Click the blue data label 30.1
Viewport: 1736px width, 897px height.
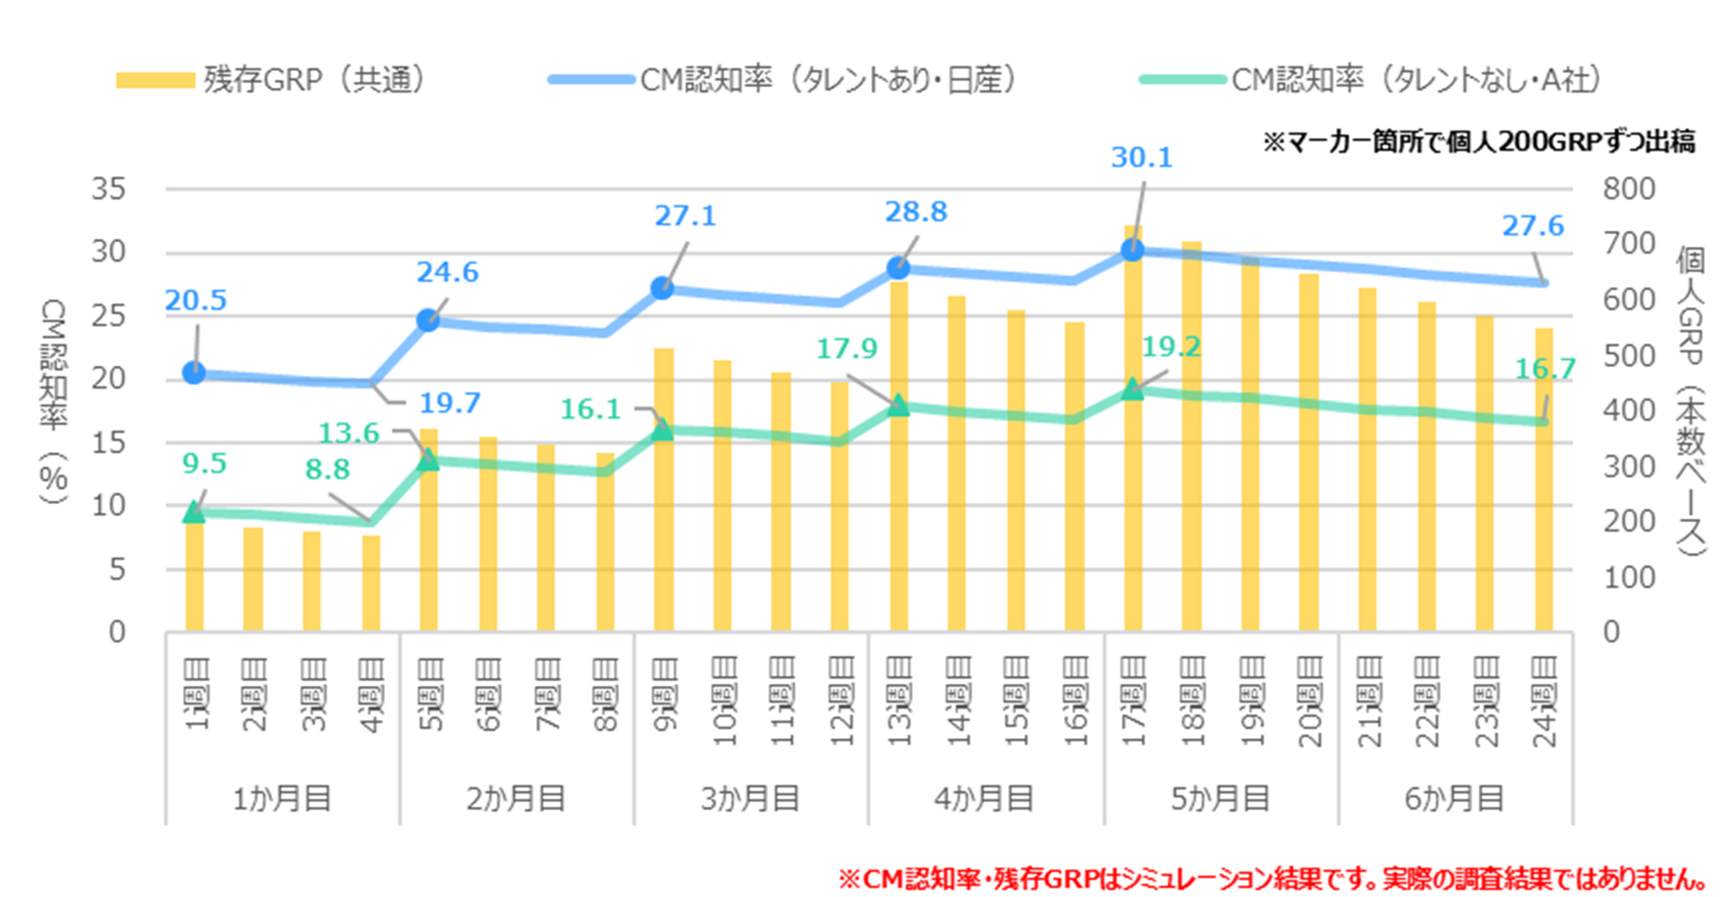click(x=1142, y=158)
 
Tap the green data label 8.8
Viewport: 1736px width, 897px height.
click(x=327, y=469)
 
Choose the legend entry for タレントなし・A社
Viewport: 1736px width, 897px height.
click(x=1415, y=80)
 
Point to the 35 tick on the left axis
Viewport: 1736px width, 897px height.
click(x=109, y=189)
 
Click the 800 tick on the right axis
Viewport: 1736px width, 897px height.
click(x=1629, y=189)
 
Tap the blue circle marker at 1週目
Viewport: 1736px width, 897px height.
click(x=194, y=372)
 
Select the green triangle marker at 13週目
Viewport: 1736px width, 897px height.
click(x=898, y=406)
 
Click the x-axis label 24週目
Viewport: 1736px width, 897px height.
click(x=1544, y=702)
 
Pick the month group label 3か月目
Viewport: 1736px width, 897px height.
click(x=750, y=799)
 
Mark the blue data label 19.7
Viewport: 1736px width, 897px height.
click(x=450, y=403)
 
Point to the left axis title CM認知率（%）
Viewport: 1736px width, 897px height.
click(x=54, y=401)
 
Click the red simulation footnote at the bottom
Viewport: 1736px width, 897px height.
click(x=1272, y=879)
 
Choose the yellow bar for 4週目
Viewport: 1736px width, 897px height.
click(x=371, y=583)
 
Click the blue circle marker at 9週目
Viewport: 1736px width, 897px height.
click(x=663, y=288)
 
